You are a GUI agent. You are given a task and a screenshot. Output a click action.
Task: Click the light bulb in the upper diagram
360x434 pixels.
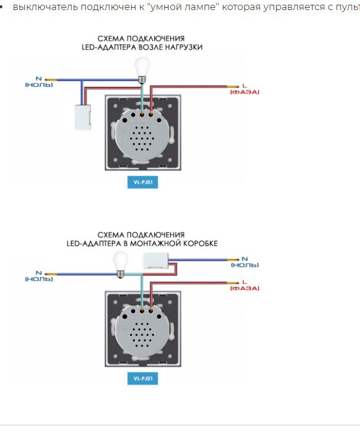point(142,70)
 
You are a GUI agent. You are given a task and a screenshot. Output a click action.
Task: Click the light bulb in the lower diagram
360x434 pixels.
point(121,265)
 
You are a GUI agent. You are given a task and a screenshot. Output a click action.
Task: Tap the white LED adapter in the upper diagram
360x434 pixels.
point(83,117)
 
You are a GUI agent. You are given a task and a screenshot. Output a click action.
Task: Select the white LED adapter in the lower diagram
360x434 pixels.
point(155,260)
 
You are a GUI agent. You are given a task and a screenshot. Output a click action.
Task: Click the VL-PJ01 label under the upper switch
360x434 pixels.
point(142,182)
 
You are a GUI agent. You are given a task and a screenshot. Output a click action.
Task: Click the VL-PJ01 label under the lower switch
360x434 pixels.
point(142,378)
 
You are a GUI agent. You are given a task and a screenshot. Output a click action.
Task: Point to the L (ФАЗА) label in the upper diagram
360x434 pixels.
point(245,89)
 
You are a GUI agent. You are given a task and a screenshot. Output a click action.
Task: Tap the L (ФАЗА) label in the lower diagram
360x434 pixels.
point(245,285)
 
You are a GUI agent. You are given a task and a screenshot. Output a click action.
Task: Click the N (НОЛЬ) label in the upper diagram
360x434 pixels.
point(39,82)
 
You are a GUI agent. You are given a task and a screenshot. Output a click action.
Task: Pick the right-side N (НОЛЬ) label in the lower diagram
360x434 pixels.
point(245,262)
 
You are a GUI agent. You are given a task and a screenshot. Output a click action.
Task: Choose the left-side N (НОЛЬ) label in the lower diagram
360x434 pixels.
point(39,276)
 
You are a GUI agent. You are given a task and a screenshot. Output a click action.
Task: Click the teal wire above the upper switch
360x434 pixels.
point(142,98)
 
